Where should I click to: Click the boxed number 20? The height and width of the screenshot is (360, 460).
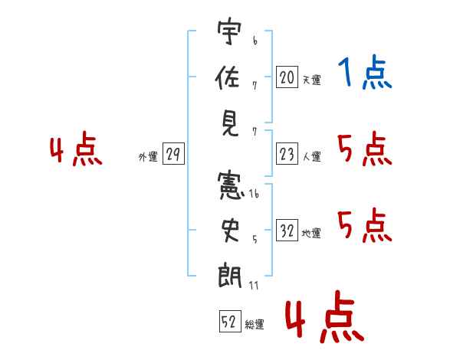287,76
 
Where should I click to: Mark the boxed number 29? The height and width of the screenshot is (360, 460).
172,155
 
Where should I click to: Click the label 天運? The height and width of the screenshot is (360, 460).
311,79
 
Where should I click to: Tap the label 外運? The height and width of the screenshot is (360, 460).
147,157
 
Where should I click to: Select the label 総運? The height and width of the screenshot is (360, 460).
255,325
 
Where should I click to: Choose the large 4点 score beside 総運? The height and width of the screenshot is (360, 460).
324,319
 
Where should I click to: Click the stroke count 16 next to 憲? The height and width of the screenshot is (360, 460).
253,195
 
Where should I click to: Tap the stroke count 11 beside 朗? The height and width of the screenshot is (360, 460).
253,285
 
